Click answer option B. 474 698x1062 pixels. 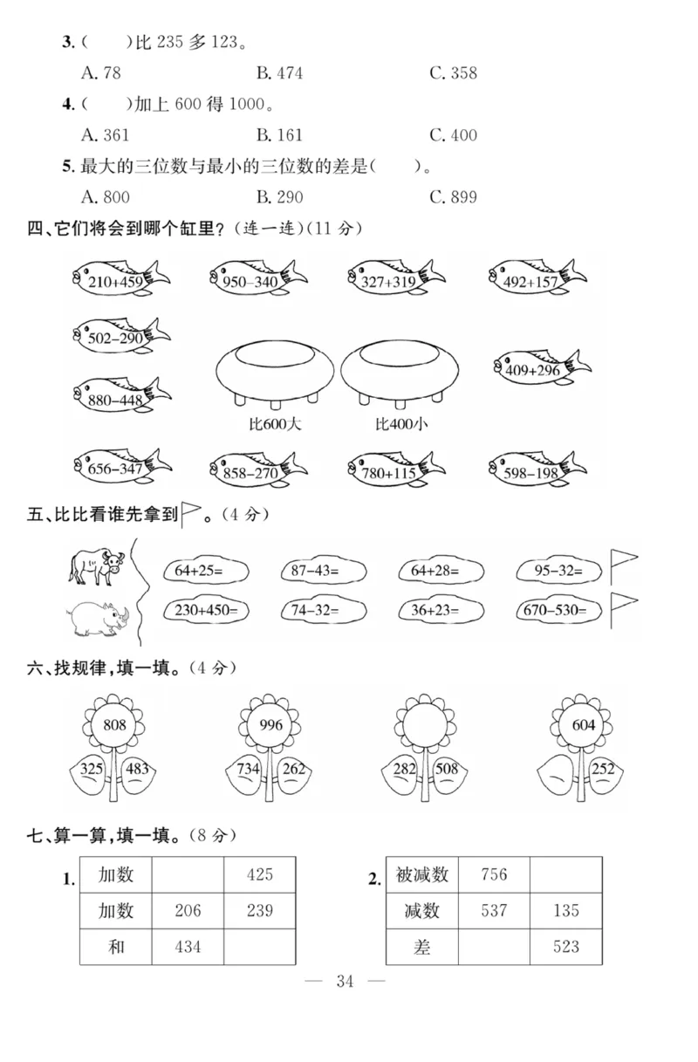pos(279,73)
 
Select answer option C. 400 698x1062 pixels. pos(453,135)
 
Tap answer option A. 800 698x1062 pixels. pos(105,196)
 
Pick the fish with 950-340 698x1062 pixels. pos(257,279)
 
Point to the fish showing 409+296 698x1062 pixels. pos(541,369)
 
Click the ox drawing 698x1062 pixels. pos(96,567)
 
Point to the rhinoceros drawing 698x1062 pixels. pos(99,615)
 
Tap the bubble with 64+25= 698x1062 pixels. pos(205,571)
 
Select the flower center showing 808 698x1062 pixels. pos(114,725)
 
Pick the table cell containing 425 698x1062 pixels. pos(260,874)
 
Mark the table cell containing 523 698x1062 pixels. pos(565,947)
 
